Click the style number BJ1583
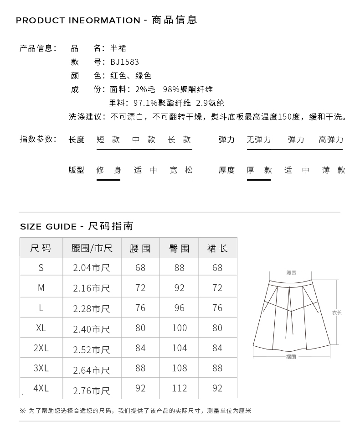pyautogui.click(x=124, y=62)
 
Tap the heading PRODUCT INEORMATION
pyautogui.click(x=78, y=21)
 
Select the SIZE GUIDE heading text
pyautogui.click(x=48, y=227)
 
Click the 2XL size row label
pyautogui.click(x=41, y=348)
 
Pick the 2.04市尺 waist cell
pyautogui.click(x=92, y=268)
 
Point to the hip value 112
pyautogui.click(x=180, y=388)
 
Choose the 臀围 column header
pyautogui.click(x=180, y=249)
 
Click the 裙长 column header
pyautogui.click(x=217, y=249)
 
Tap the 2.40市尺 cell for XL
pyautogui.click(x=92, y=329)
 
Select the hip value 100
pyautogui.click(x=180, y=328)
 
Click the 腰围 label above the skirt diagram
pyautogui.click(x=291, y=273)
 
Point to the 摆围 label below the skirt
pyautogui.click(x=291, y=357)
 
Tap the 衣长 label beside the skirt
pyautogui.click(x=337, y=313)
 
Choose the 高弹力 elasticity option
pyautogui.click(x=331, y=140)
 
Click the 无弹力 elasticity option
pyautogui.click(x=259, y=140)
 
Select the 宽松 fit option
pyautogui.click(x=181, y=170)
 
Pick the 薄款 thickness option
pyautogui.click(x=334, y=170)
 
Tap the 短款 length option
pyautogui.click(x=108, y=140)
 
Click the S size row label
pyautogui.click(x=41, y=268)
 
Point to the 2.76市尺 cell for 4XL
pyautogui.click(x=92, y=391)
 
